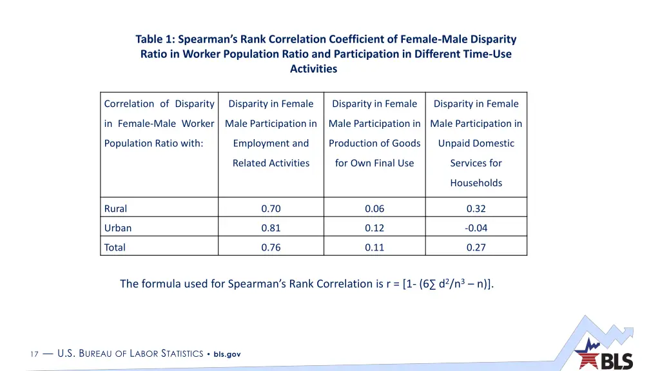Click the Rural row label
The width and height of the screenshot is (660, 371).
pos(116,209)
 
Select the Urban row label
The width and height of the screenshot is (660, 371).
pos(118,228)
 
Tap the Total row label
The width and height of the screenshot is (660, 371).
pos(115,247)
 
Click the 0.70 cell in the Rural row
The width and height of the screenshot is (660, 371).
pos(271,209)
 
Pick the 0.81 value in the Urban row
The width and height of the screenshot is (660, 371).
pos(271,228)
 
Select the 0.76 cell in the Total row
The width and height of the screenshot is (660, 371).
pos(271,247)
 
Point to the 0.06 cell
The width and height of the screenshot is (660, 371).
pos(374,209)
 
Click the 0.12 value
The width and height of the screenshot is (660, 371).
pos(374,228)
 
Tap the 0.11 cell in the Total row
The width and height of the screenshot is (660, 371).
pos(374,247)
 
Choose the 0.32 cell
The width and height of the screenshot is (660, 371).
pos(476,209)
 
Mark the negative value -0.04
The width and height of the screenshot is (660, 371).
pos(476,228)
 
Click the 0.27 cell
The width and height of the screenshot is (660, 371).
pos(476,247)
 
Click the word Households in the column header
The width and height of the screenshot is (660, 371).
pos(476,183)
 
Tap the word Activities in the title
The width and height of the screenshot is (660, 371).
pos(313,69)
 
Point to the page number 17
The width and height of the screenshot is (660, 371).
pos(35,354)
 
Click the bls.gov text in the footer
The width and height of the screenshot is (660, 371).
pos(227,354)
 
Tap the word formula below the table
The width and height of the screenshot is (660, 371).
pos(160,284)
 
